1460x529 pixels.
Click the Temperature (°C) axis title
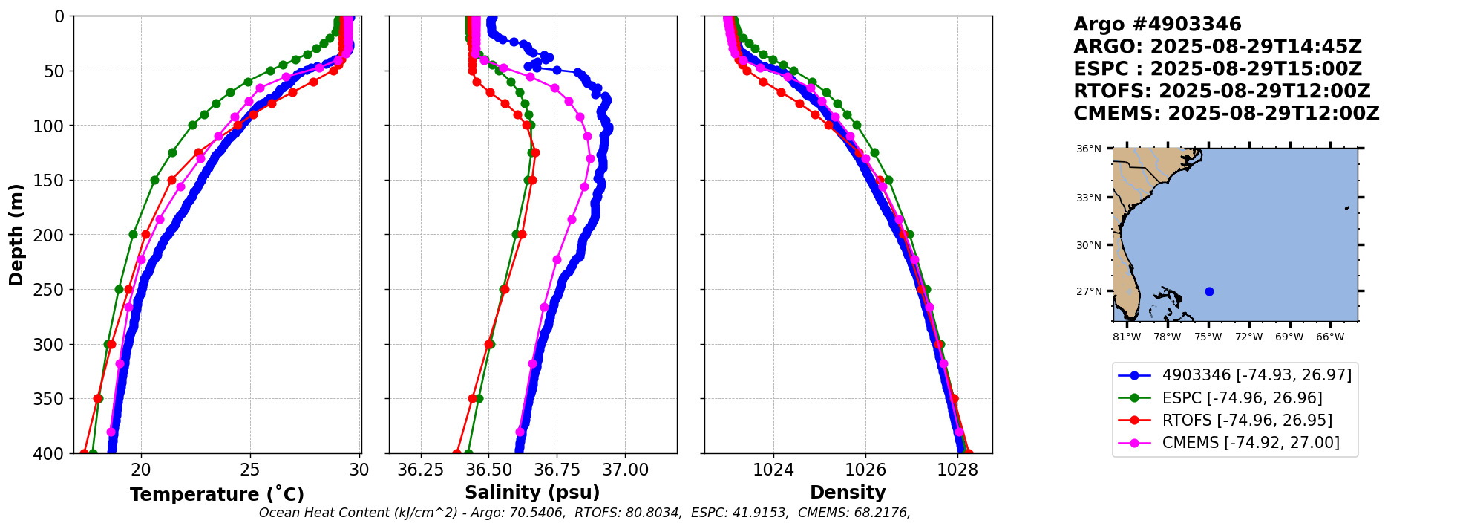217,495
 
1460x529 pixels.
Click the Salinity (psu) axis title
532,493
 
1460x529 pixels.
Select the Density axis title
848,493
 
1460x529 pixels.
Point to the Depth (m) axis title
16,235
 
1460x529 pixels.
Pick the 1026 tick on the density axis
865,470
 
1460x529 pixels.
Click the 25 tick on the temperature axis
250,470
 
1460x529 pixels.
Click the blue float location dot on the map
1209,291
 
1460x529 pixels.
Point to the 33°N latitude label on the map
1089,198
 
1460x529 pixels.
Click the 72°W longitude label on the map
1248,337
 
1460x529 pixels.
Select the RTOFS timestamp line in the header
1222,91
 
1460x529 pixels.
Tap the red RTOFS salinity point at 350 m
472,399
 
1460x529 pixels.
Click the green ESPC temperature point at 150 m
154,180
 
